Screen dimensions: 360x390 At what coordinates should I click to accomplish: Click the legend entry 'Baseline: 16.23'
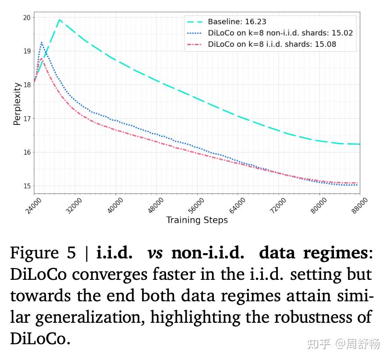click(x=237, y=21)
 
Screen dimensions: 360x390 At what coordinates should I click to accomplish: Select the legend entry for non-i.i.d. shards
click(x=280, y=33)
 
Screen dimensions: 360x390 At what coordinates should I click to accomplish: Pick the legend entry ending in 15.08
click(x=272, y=44)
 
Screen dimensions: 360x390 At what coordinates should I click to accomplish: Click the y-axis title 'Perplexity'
click(x=17, y=104)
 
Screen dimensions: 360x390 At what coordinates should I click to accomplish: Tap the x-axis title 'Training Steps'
click(x=197, y=220)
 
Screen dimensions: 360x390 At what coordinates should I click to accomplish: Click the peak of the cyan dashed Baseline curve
click(x=59, y=19)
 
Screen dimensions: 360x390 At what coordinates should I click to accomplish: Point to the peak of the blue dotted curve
click(x=42, y=42)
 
